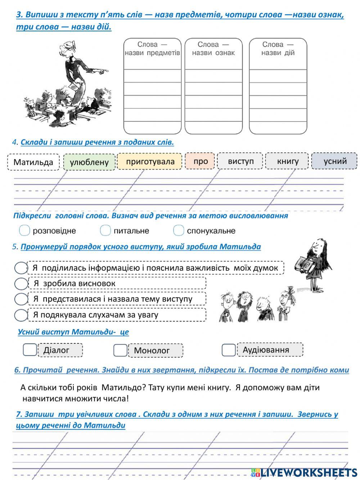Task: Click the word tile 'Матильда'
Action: point(33,162)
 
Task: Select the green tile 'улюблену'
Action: point(89,162)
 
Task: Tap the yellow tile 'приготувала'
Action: point(150,161)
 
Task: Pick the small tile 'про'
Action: point(200,161)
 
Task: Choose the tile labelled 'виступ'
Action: point(240,161)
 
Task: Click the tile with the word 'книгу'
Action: point(287,161)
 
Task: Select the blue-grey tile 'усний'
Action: point(334,161)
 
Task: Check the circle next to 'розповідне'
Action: point(24,230)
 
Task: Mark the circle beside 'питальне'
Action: point(105,230)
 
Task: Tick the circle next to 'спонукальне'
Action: point(179,230)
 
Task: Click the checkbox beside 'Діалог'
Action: point(30,350)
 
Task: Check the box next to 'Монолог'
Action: point(120,350)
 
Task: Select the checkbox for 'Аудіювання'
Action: point(228,350)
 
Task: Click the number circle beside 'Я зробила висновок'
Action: point(21,284)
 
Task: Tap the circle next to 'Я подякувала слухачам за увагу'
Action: point(21,315)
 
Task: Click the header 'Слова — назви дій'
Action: point(278,49)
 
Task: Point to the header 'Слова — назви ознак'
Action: point(213,49)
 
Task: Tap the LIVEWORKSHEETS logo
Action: point(304,472)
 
